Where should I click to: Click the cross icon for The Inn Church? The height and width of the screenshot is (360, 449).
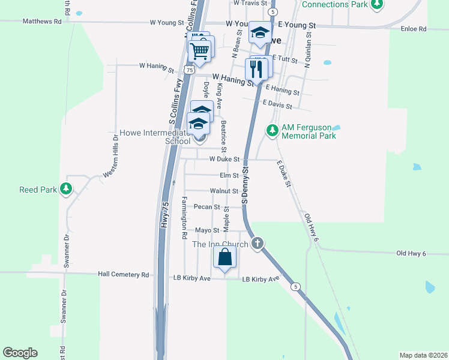[258, 244]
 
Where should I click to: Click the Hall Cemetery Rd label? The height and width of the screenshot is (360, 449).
[123, 275]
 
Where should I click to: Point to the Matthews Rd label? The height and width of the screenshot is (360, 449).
[42, 21]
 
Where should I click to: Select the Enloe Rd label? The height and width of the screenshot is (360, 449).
[415, 28]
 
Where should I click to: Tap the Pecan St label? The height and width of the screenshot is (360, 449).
[207, 207]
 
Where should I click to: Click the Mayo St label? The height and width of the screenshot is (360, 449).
[207, 230]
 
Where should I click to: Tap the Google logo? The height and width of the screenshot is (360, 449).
[20, 353]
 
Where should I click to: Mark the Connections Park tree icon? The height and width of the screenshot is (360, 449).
[377, 5]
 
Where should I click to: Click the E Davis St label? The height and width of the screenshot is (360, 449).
[277, 105]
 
